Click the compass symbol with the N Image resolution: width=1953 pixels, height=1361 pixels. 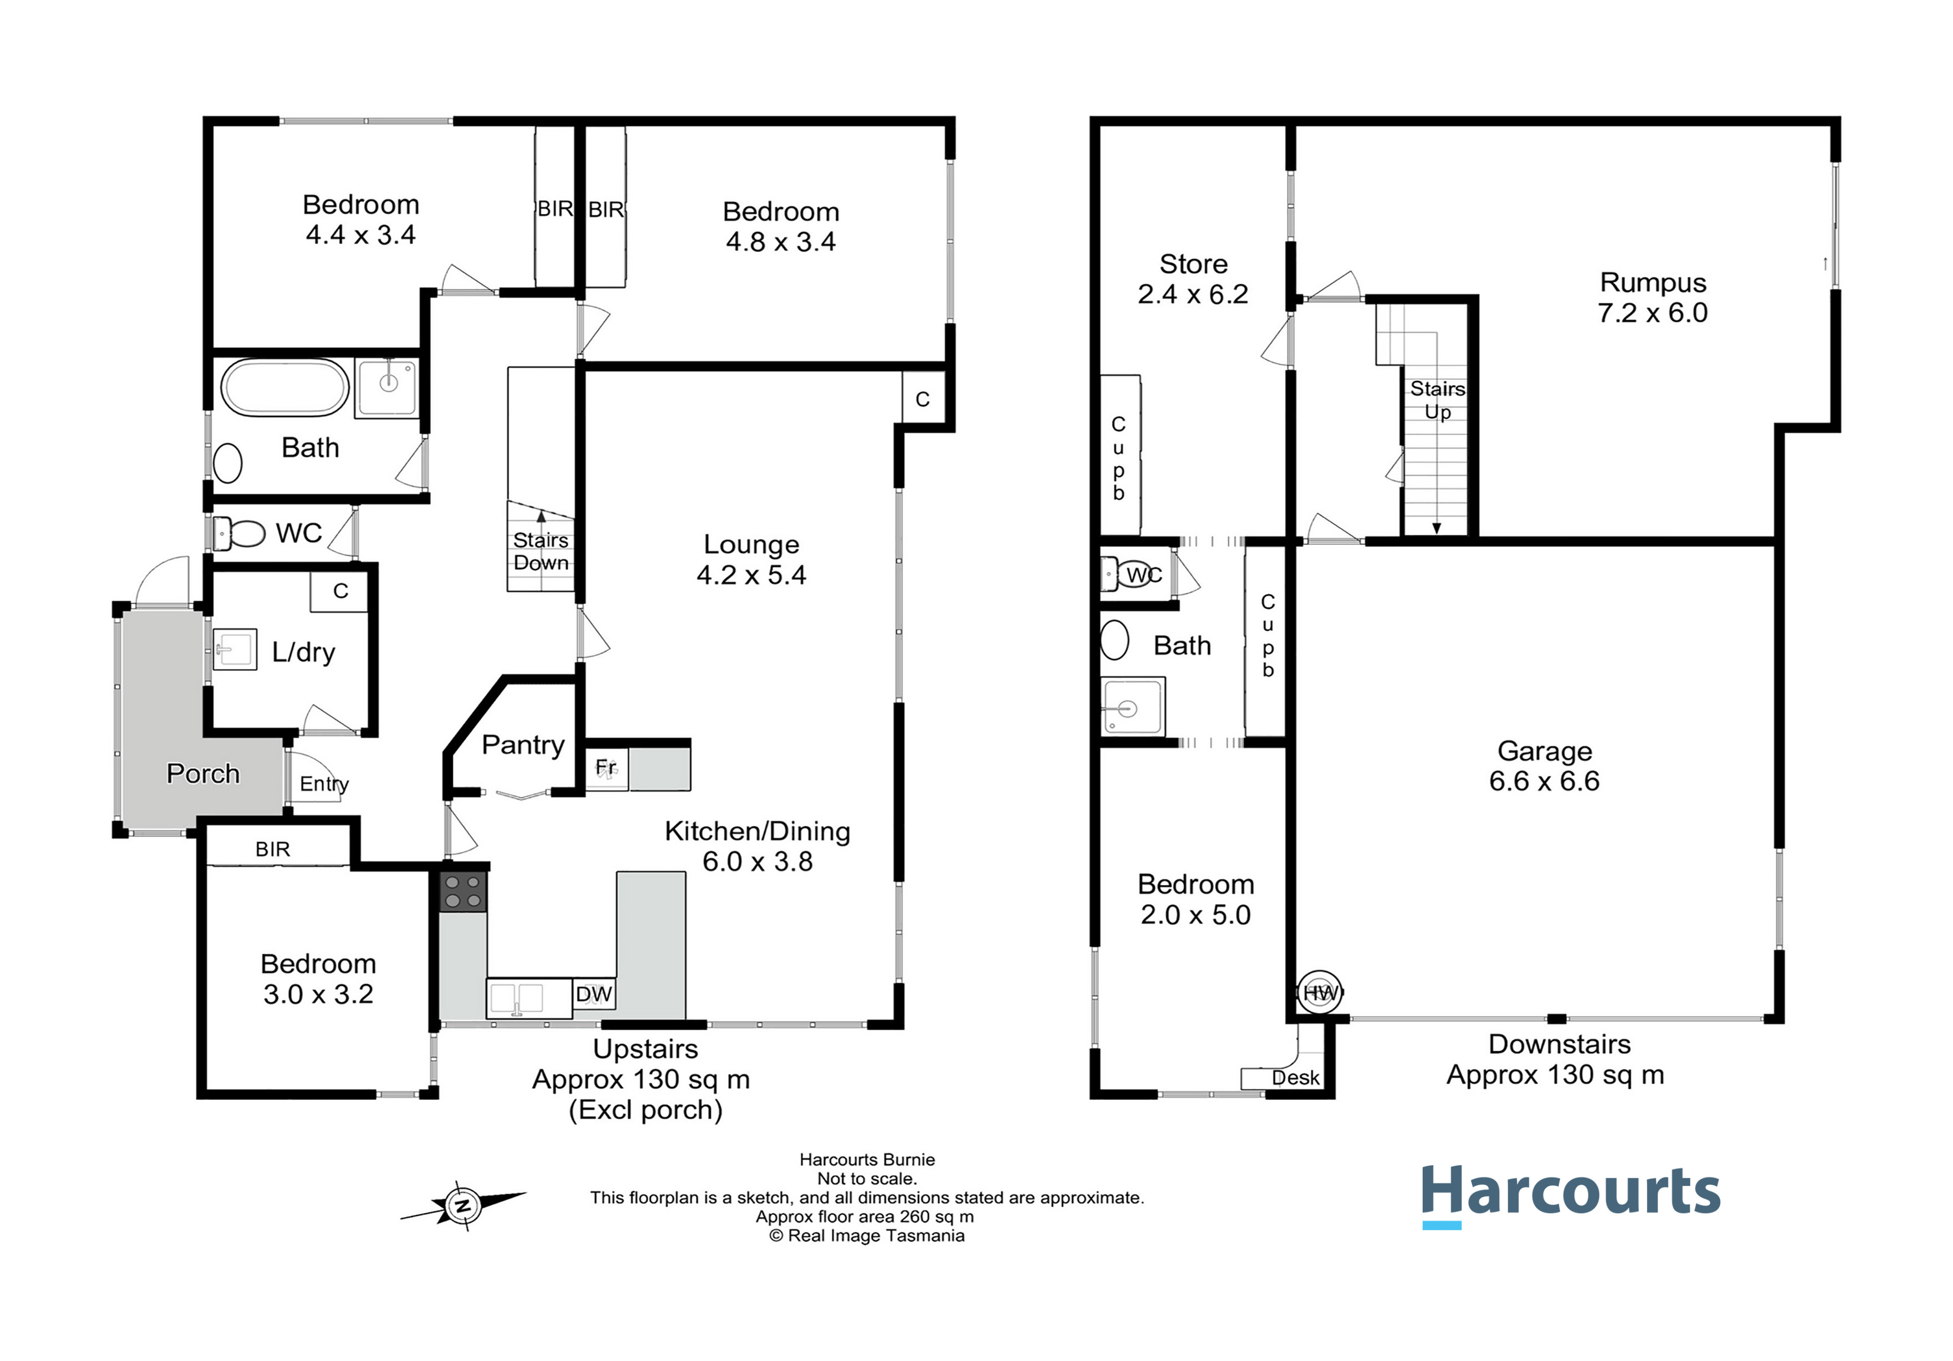tap(463, 1205)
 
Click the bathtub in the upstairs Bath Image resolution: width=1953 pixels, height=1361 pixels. tap(285, 388)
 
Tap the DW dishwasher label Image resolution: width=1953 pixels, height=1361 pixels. tap(594, 994)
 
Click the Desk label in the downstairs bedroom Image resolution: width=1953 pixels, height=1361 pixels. tap(1295, 1078)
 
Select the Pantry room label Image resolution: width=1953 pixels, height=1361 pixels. tap(523, 745)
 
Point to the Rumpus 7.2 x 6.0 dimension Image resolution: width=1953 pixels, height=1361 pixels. tap(1653, 313)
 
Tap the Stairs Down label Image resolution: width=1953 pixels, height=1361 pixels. tap(541, 552)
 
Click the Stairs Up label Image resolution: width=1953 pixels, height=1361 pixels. tap(1438, 401)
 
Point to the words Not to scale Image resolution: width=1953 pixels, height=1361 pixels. tap(867, 1179)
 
